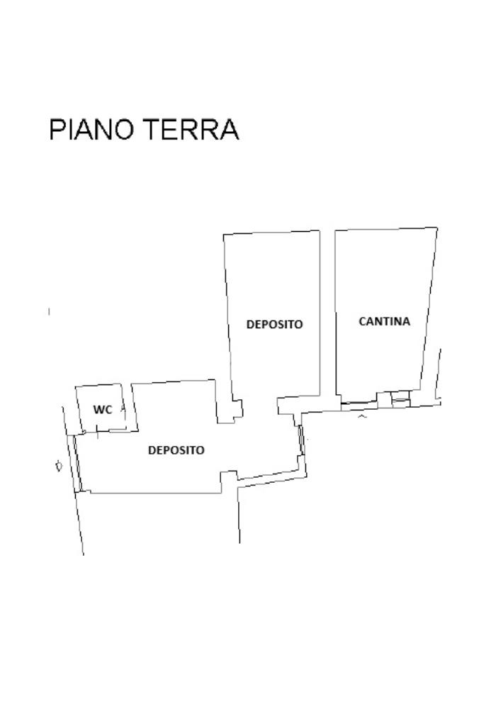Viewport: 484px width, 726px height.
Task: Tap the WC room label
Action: tap(103, 410)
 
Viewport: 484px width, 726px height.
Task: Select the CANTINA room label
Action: tap(385, 321)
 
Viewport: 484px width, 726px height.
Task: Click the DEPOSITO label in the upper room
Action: tap(274, 324)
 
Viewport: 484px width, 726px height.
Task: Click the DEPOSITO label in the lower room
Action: tap(176, 450)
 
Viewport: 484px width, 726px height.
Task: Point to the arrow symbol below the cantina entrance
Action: tap(362, 417)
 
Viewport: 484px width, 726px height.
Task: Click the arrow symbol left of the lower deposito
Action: tap(59, 465)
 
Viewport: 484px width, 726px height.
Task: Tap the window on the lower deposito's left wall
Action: tap(77, 463)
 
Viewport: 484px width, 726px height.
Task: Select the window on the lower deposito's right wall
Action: tap(302, 440)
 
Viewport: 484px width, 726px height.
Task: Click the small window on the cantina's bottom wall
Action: tap(400, 399)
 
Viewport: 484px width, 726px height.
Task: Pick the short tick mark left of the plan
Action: tap(49, 312)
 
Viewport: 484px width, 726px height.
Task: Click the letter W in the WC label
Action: tap(99, 410)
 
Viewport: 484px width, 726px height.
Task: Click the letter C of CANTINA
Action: tap(363, 321)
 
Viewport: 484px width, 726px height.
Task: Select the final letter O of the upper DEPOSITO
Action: tap(299, 324)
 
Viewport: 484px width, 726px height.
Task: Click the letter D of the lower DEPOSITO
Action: tap(152, 450)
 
